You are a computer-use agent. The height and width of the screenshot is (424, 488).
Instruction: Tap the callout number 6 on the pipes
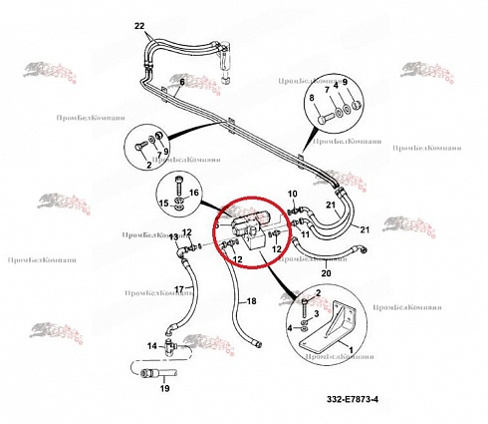click(181, 81)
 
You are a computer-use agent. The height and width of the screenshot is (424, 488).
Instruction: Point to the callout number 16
click(194, 192)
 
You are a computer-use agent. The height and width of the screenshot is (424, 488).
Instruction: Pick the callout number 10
click(293, 193)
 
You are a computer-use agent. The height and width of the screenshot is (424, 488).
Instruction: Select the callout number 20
click(325, 272)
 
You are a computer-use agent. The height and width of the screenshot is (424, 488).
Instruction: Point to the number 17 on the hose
click(181, 290)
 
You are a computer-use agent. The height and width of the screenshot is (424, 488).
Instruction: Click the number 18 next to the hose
click(251, 300)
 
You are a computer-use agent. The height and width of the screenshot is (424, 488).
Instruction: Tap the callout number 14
click(152, 345)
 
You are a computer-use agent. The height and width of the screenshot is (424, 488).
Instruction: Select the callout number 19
click(164, 389)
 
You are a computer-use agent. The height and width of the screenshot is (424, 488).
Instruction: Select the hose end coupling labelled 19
click(154, 374)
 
